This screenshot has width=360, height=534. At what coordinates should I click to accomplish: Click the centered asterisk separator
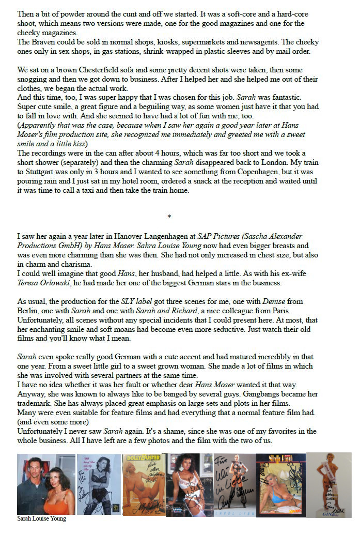[169, 217]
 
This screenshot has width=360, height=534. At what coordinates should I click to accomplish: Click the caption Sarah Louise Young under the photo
[42, 518]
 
